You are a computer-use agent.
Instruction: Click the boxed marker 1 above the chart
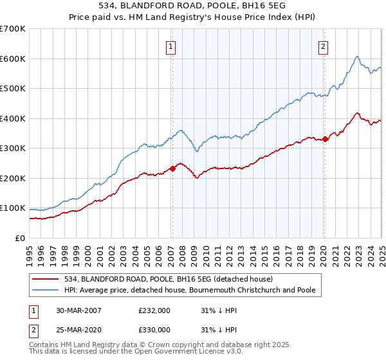pyautogui.click(x=172, y=46)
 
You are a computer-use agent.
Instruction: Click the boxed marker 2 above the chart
pyautogui.click(x=322, y=46)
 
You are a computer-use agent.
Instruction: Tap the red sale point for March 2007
pyautogui.click(x=172, y=169)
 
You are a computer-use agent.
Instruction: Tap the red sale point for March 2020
pyautogui.click(x=326, y=139)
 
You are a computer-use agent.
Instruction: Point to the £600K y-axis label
pyautogui.click(x=13, y=59)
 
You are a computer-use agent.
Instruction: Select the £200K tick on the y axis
pyautogui.click(x=13, y=178)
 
